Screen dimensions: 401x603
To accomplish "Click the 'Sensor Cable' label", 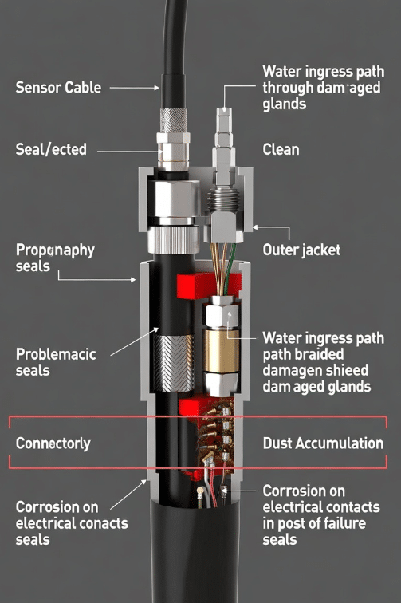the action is click(x=58, y=88).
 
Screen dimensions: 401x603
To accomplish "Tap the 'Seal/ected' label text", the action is click(x=51, y=149).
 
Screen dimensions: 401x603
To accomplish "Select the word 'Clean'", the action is click(x=281, y=150).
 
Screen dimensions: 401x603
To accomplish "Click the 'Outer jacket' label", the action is click(x=301, y=250).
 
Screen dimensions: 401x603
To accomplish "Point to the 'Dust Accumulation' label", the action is click(x=323, y=443).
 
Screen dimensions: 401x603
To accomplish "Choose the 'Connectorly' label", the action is click(x=53, y=443).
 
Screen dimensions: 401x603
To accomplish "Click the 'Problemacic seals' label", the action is click(x=56, y=362).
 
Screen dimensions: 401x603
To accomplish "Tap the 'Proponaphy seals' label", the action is click(x=55, y=258).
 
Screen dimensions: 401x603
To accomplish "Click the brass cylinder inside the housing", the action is click(x=221, y=351).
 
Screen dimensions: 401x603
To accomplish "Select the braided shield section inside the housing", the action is click(x=174, y=363).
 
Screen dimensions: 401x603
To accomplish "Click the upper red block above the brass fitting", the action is click(x=208, y=286).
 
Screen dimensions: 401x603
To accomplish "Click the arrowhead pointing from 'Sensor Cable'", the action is click(x=156, y=88).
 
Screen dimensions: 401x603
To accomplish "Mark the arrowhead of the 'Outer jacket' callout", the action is click(x=255, y=227).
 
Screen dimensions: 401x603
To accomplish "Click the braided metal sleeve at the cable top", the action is click(x=174, y=120).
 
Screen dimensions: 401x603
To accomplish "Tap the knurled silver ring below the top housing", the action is click(x=173, y=239).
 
